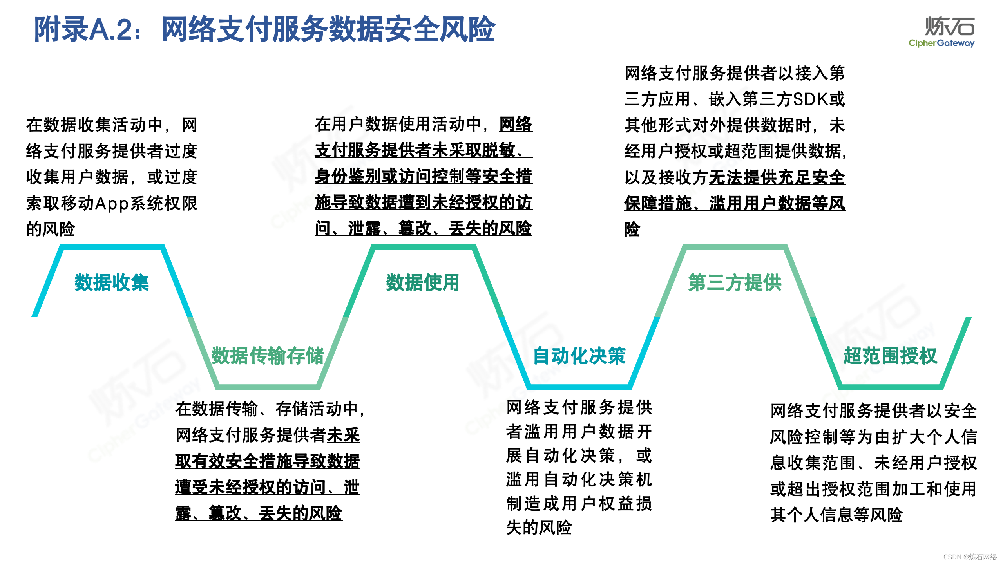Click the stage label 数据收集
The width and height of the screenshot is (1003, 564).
pos(112,282)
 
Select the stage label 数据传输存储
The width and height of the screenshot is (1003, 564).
pos(268,356)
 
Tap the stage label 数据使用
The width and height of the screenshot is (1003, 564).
pos(422,282)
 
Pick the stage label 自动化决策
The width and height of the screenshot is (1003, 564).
pos(579,356)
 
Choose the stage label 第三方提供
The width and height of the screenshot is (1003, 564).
pos(735,282)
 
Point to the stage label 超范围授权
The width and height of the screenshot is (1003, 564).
pos(890,356)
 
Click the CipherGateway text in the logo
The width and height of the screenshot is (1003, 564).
pos(941,43)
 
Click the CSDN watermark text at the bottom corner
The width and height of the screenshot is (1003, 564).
pos(970,557)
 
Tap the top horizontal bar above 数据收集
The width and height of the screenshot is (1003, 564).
pos(112,247)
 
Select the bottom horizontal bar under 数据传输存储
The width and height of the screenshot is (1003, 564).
pos(268,387)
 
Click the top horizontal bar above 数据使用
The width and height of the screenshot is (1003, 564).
pos(423,247)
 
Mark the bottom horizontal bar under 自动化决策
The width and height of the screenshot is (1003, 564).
pos(579,387)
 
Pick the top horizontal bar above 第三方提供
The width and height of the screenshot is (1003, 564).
pos(735,247)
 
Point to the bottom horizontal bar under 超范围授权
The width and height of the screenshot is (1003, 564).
pos(890,387)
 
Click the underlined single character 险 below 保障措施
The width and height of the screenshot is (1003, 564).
pos(632,229)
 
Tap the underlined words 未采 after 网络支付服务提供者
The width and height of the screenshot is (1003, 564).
pos(344,435)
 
